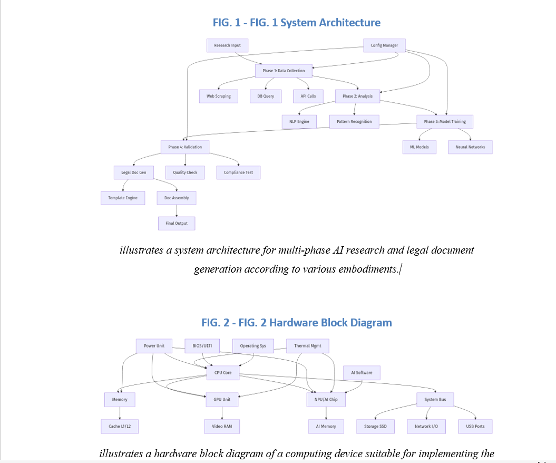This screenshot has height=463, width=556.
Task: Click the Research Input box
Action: point(227,45)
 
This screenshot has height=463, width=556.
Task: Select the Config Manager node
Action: point(384,45)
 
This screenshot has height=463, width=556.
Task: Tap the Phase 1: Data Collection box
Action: point(284,71)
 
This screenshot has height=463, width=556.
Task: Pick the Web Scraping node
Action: point(218,96)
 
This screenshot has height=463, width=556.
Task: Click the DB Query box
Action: point(266,96)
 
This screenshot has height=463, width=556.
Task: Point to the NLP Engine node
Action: point(299,122)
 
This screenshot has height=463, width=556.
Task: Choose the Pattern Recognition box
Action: point(354,122)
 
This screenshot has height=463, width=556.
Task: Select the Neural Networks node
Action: point(470,147)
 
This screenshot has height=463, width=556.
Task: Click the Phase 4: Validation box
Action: point(185,147)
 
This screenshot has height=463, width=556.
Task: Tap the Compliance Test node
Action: point(238,172)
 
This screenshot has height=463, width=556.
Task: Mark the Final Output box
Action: point(177,224)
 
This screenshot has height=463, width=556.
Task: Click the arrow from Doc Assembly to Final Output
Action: point(177,211)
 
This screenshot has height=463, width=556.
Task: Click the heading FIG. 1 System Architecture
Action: point(296,23)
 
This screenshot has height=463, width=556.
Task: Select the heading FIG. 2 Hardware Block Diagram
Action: point(296,323)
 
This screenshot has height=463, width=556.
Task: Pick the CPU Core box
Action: point(223,372)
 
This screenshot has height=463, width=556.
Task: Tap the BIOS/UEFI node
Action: point(202,346)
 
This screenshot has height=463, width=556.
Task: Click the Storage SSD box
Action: point(376,427)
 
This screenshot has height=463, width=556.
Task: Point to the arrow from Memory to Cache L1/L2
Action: point(120,413)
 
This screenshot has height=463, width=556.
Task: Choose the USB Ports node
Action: point(475,427)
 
